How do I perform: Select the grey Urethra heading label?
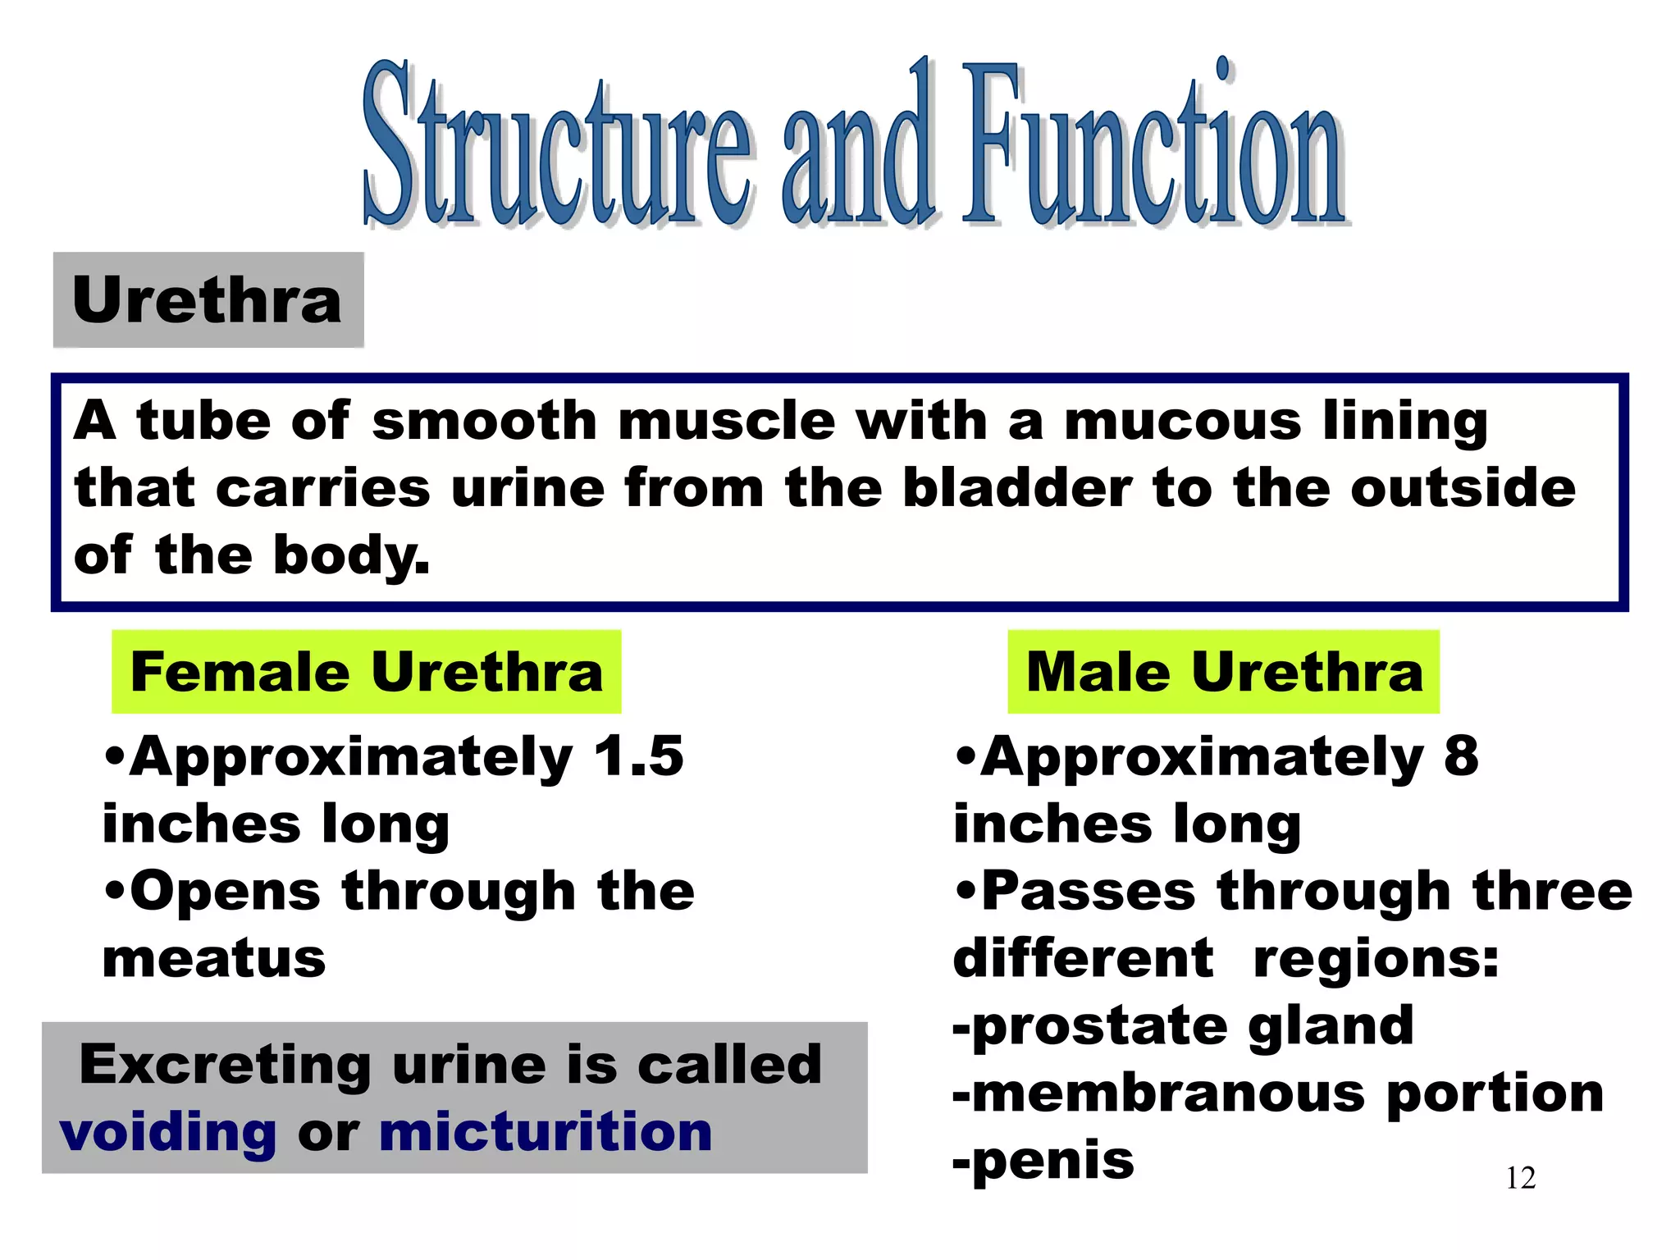point(208,300)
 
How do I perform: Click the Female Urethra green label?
point(367,672)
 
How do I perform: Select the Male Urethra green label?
point(1223,672)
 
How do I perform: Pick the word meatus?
point(214,958)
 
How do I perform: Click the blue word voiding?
point(168,1134)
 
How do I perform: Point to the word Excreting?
point(225,1066)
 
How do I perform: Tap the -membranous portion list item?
point(1277,1093)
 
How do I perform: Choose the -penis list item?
point(1043,1161)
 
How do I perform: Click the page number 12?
point(1520,1178)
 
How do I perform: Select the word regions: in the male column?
point(1376,958)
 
